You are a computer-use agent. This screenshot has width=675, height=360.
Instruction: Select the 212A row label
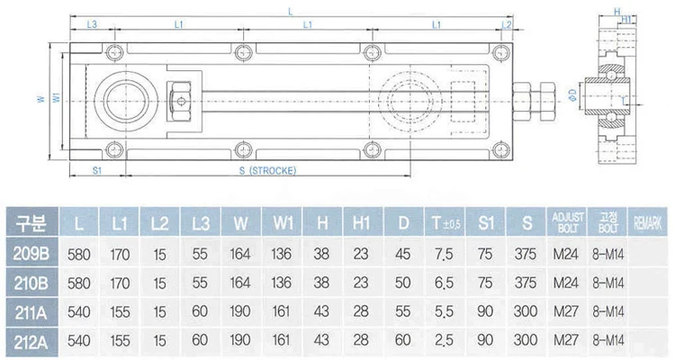point(30,342)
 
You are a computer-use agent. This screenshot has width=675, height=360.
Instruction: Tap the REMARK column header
point(651,220)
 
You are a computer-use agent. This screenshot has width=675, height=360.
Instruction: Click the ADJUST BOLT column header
point(569,220)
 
